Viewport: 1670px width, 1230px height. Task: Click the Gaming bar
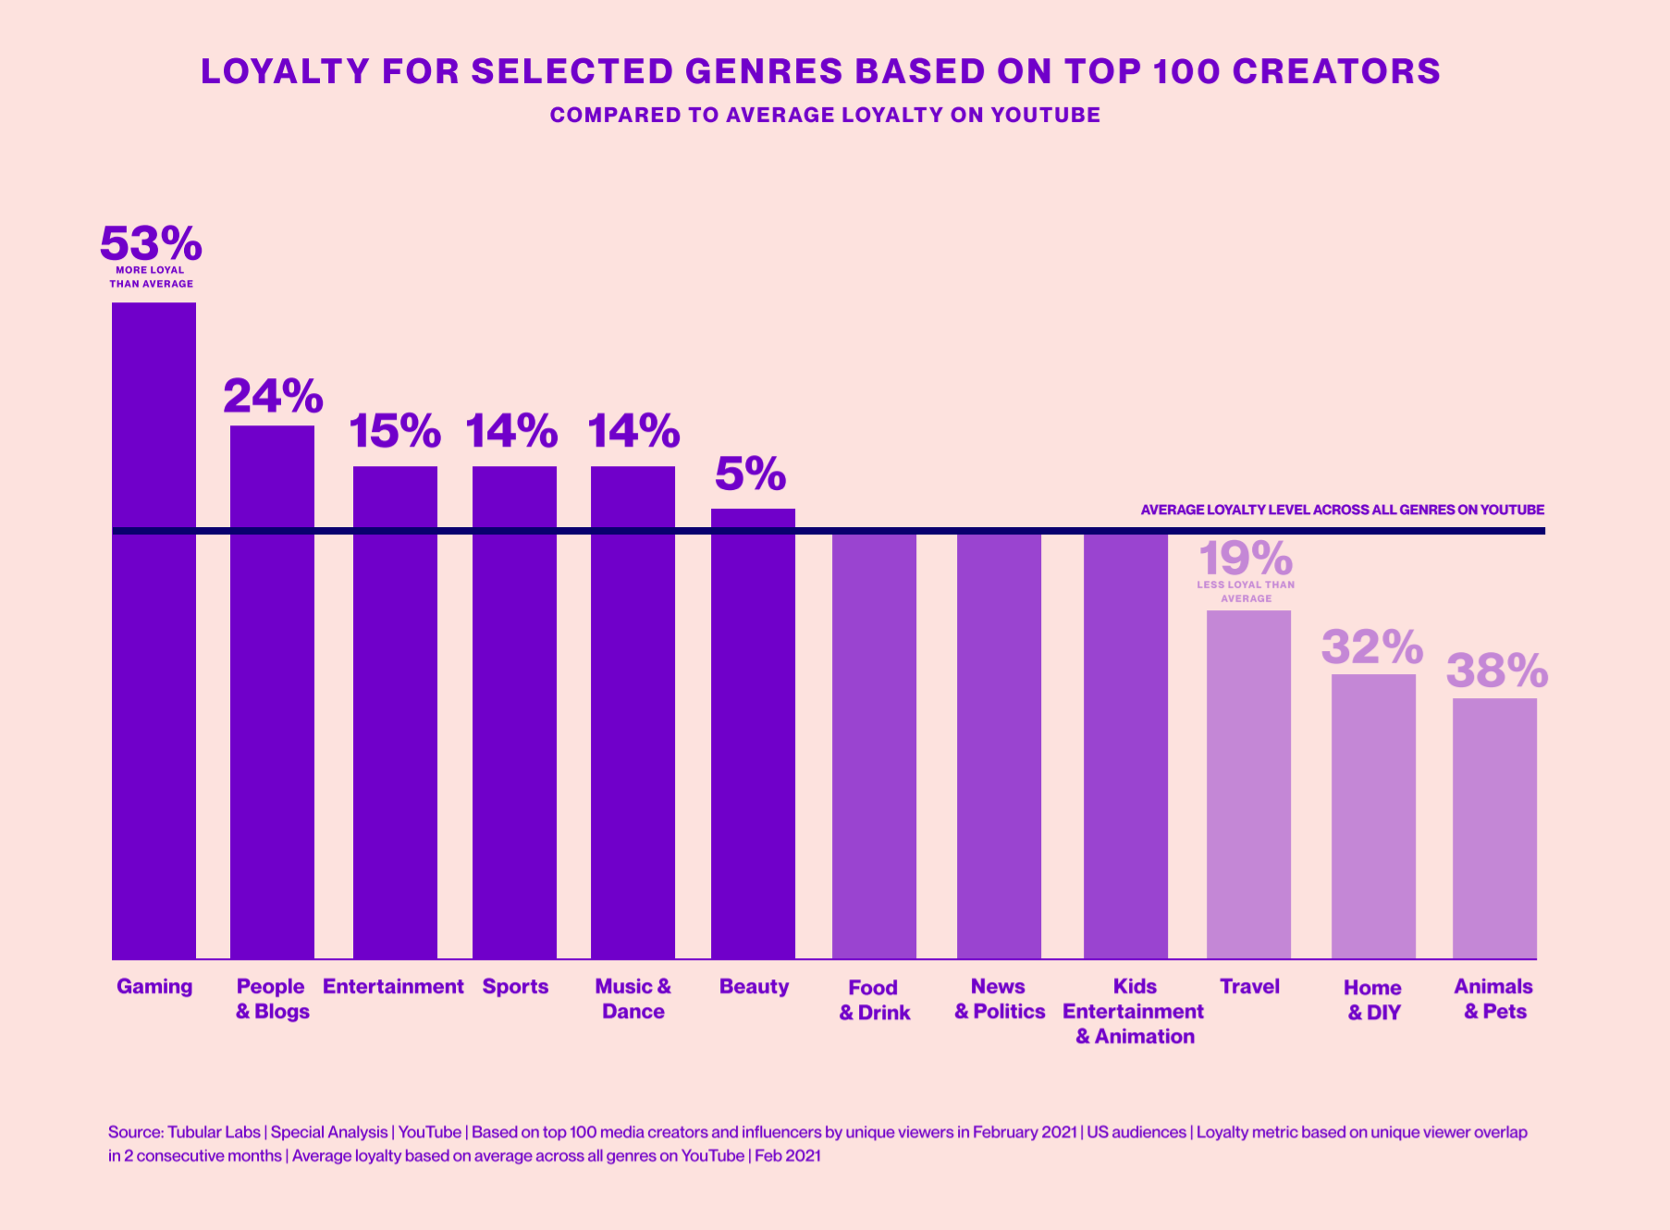(153, 629)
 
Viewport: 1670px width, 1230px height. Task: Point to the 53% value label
(151, 244)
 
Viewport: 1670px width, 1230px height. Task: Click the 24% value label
(273, 397)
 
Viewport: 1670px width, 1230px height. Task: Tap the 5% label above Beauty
(750, 474)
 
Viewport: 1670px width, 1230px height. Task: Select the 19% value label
(1246, 559)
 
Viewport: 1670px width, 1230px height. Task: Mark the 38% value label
(1497, 670)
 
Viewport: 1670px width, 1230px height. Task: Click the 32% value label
(1372, 646)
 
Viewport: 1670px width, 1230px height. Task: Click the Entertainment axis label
(393, 987)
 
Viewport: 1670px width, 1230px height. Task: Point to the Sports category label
(515, 987)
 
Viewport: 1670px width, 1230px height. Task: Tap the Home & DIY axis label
(1373, 1000)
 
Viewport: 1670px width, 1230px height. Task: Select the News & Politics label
(1000, 999)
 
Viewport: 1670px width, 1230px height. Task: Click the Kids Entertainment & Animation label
(1134, 1012)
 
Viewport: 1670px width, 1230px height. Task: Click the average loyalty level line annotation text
(1342, 510)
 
